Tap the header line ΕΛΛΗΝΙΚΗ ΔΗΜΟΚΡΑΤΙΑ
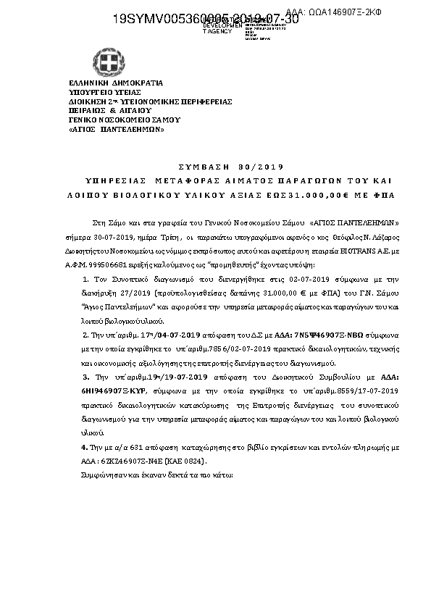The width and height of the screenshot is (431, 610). [116, 84]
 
